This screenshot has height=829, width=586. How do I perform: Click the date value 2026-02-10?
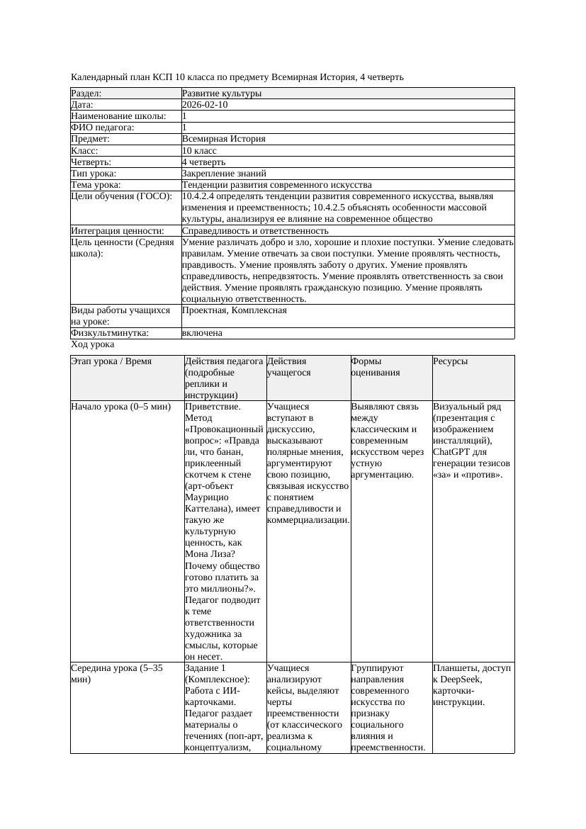click(205, 105)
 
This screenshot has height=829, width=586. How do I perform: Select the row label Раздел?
click(86, 94)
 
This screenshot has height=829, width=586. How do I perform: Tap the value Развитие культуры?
click(222, 94)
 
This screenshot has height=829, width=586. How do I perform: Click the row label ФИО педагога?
click(103, 128)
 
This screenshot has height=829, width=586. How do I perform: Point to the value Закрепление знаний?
click(224, 173)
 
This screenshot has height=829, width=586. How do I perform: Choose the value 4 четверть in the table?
click(204, 162)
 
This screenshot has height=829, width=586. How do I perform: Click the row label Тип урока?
click(94, 173)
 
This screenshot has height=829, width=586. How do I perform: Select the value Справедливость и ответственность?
click(255, 231)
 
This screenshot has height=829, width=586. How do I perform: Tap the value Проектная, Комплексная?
click(235, 310)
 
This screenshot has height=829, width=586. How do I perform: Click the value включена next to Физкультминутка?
click(202, 333)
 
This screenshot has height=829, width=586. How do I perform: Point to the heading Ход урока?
click(93, 344)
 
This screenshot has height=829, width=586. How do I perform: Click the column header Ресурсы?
click(450, 361)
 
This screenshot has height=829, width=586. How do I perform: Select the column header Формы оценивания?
click(376, 366)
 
